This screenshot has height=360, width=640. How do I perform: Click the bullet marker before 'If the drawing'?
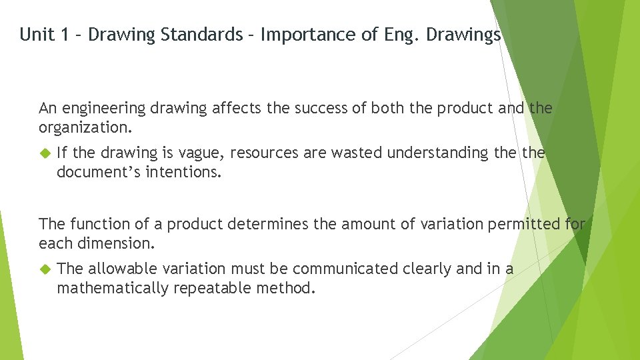click(45, 153)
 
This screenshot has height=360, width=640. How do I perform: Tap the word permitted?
click(525, 224)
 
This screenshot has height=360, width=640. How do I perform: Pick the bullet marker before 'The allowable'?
click(45, 269)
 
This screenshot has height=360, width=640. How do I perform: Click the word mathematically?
click(113, 288)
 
